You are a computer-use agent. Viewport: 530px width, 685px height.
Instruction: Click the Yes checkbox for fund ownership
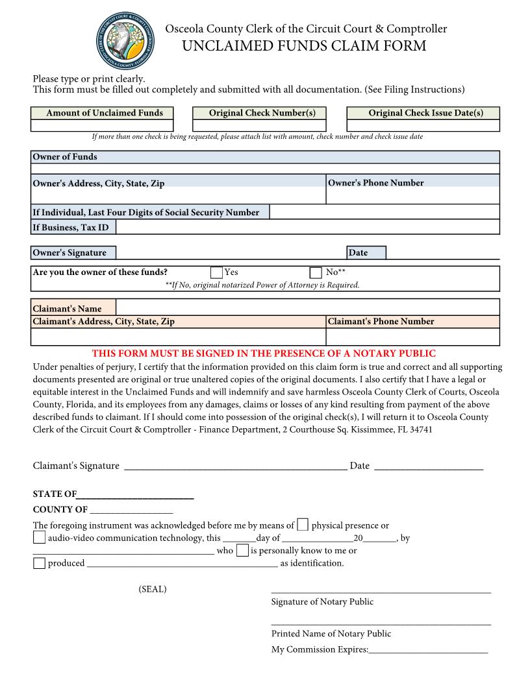(217, 272)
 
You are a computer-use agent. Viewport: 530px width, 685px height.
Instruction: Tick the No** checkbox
(316, 272)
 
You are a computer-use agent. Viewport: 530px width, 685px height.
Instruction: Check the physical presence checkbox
(303, 525)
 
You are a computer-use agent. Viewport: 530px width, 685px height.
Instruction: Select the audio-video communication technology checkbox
(39, 537)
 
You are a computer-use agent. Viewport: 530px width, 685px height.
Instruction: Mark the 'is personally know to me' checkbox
(242, 550)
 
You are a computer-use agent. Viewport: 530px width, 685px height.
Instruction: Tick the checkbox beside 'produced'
(39, 562)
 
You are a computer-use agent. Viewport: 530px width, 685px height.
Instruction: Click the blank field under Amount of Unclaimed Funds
(102, 125)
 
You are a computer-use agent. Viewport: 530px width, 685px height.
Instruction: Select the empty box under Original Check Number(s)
(259, 125)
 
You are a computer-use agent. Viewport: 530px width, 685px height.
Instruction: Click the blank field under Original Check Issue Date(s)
(423, 125)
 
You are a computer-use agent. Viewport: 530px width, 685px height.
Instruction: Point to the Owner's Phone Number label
(375, 183)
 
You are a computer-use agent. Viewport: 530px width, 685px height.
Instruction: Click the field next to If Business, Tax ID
(307, 227)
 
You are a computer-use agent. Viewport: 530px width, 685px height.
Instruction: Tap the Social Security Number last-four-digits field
(384, 212)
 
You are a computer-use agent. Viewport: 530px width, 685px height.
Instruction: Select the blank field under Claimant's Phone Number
(412, 337)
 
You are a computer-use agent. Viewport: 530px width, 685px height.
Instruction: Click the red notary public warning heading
(264, 354)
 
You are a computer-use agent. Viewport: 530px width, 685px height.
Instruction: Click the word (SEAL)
(152, 589)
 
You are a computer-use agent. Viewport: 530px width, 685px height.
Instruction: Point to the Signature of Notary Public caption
(322, 602)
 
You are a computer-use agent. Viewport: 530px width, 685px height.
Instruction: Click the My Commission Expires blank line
(428, 650)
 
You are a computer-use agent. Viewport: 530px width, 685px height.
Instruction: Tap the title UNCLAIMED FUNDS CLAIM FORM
(305, 46)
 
